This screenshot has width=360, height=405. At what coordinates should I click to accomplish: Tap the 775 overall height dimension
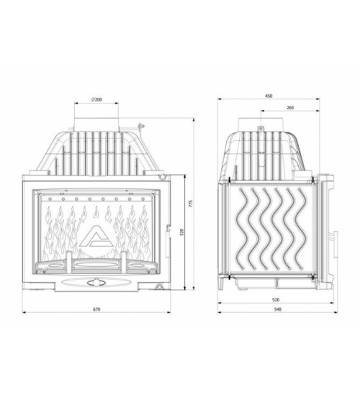tap(190, 204)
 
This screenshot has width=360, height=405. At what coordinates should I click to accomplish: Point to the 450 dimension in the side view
tap(269, 95)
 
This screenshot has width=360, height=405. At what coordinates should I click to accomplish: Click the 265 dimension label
tap(289, 108)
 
